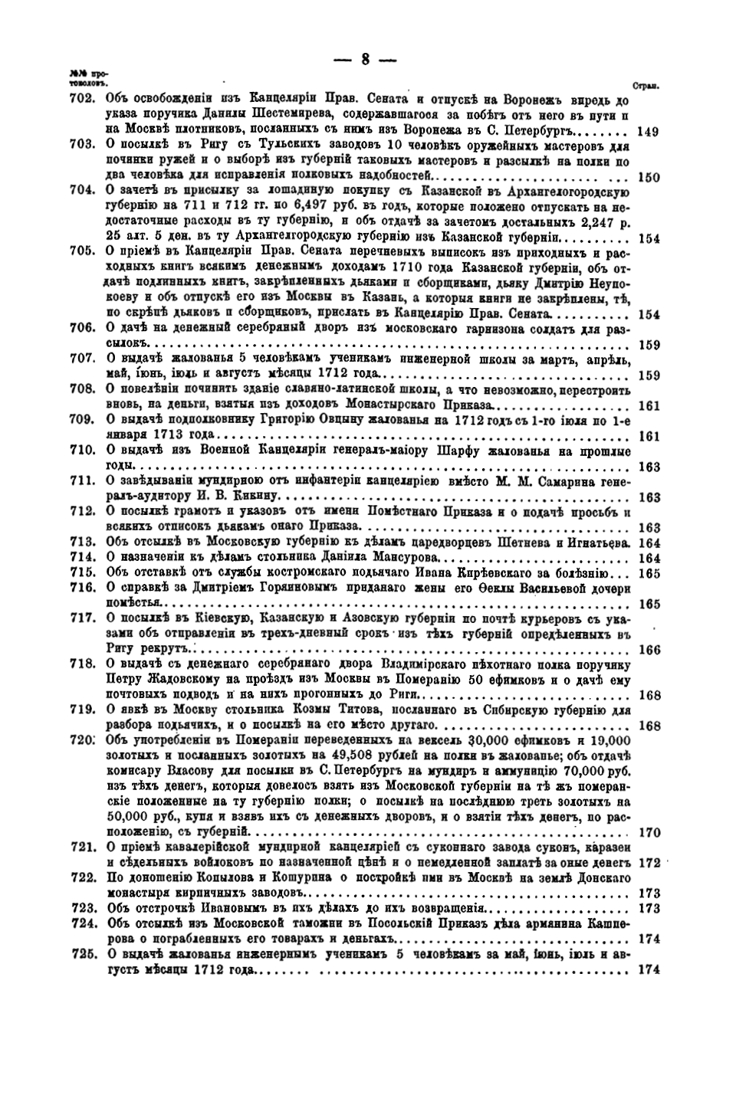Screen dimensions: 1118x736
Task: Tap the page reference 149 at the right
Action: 649,132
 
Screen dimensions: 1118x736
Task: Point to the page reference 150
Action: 649,178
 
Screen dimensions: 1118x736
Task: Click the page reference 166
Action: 649,650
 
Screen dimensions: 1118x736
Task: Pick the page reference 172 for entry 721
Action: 649,863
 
